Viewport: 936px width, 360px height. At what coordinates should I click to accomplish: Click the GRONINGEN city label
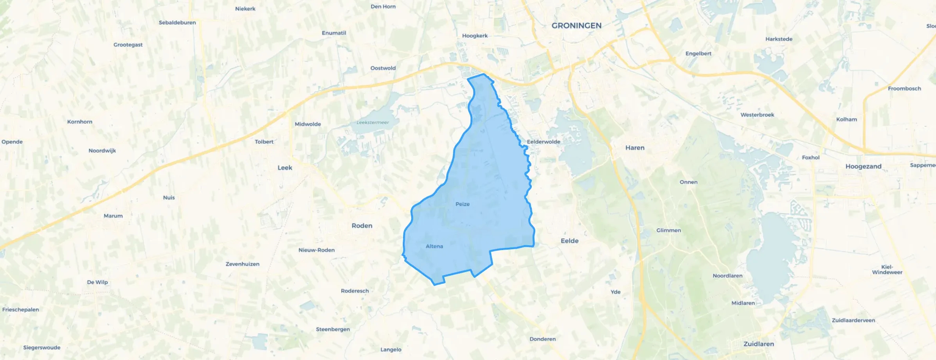[576, 26]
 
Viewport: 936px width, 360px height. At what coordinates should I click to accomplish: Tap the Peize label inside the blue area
[463, 204]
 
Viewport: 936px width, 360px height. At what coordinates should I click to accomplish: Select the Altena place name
[434, 246]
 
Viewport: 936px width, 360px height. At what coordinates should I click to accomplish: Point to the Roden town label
[362, 226]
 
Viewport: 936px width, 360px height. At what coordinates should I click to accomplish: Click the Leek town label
[285, 168]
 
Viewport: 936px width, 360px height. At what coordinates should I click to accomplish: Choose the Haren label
[635, 148]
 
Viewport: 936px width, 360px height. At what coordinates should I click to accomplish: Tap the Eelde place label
[569, 241]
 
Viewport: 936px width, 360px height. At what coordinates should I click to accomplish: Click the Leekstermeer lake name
[373, 122]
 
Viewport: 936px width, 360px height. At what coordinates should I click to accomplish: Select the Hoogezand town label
[863, 166]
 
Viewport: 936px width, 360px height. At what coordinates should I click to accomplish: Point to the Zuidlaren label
[758, 344]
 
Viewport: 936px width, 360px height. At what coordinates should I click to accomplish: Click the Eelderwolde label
[544, 142]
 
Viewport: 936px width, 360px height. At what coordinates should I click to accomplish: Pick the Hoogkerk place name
[475, 36]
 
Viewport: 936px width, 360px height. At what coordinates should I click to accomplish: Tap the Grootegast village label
[128, 45]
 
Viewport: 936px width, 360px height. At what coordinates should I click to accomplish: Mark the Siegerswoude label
[42, 347]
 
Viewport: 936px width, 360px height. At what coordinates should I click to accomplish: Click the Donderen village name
[542, 339]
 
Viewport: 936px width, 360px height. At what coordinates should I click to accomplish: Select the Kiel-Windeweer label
[887, 270]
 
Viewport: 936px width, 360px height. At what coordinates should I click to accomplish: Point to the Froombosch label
[904, 88]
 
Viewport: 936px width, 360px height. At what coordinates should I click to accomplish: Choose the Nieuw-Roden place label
[317, 250]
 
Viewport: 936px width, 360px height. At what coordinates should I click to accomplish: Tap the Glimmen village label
[668, 230]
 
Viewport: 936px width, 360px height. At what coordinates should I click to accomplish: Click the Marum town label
[113, 216]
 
